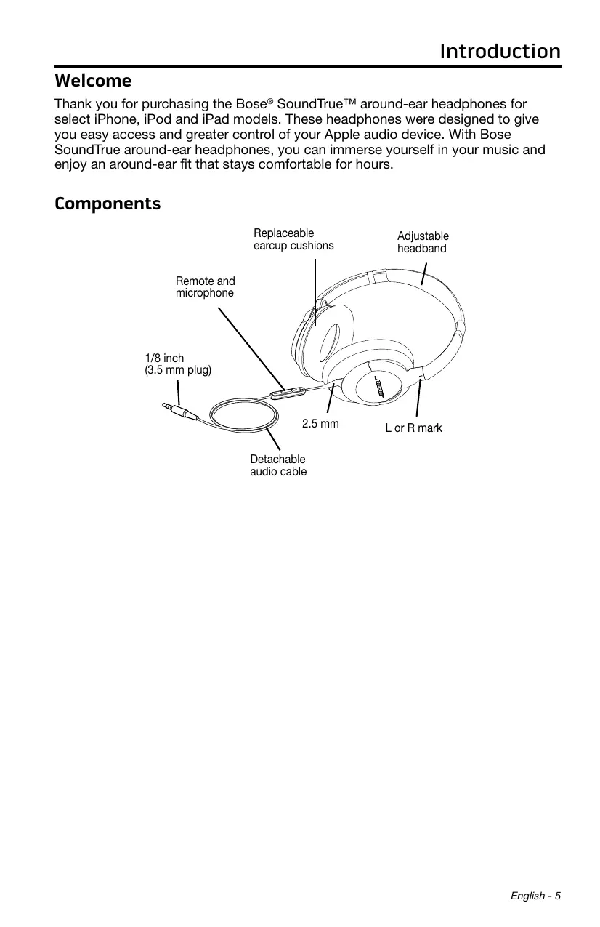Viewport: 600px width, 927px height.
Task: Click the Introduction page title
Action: (500, 52)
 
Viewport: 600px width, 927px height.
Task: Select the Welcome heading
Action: (93, 80)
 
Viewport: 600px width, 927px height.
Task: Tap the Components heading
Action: (108, 204)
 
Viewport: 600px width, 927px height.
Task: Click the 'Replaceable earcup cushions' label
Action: (293, 239)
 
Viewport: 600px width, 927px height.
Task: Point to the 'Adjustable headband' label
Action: (423, 242)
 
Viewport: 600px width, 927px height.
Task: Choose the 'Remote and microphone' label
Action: (206, 287)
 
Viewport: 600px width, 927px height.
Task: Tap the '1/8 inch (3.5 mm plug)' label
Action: (178, 364)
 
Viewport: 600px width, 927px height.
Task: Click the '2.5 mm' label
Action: (320, 423)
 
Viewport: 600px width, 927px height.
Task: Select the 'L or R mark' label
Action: (413, 428)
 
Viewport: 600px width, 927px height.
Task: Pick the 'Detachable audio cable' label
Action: (278, 465)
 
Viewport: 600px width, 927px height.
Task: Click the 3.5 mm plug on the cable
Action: (180, 412)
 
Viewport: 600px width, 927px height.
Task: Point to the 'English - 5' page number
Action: (535, 895)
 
